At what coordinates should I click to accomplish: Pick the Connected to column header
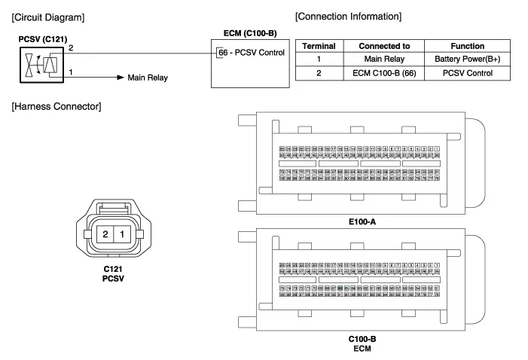pyautogui.click(x=385, y=46)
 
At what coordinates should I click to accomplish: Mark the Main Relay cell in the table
pyautogui.click(x=385, y=59)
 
